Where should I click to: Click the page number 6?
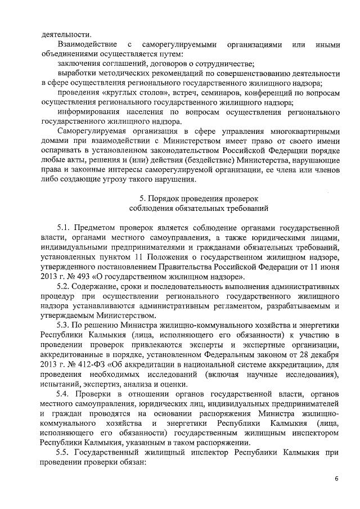[x=336, y=479]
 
